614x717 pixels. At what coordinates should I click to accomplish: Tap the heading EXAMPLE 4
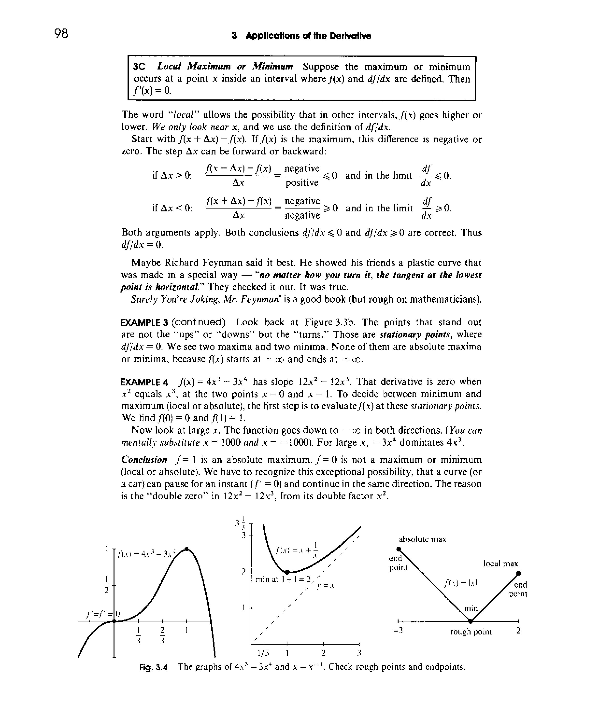click(144, 382)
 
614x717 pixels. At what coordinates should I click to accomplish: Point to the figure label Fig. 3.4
click(153, 667)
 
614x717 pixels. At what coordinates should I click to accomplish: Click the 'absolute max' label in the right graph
click(422, 539)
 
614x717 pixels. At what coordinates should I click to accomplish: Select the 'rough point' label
click(471, 632)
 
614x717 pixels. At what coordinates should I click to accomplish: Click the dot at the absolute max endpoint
click(399, 549)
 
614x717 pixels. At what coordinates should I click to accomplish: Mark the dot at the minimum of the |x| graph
click(470, 621)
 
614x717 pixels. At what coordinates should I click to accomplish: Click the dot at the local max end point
click(518, 573)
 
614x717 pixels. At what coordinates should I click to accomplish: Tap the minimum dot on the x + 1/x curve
click(287, 572)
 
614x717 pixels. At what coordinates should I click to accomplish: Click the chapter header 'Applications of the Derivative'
click(308, 36)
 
